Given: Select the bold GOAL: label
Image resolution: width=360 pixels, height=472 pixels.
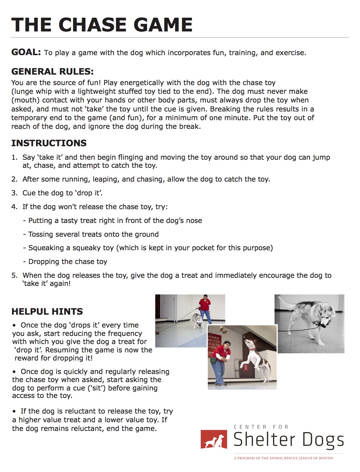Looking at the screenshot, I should [26, 52].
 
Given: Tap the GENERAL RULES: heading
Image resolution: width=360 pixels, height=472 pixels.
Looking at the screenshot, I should [52, 72].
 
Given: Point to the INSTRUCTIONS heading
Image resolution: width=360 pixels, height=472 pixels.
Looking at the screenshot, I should [49, 143].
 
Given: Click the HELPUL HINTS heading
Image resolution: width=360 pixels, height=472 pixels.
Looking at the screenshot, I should [47, 312].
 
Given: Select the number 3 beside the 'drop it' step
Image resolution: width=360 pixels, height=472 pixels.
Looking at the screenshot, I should [14, 193].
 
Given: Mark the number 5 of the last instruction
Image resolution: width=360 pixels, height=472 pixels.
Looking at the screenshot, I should [14, 276].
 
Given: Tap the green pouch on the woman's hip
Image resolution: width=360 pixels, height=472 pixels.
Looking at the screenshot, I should [213, 360].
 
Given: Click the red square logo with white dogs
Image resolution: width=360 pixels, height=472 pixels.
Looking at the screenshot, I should [214, 439].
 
